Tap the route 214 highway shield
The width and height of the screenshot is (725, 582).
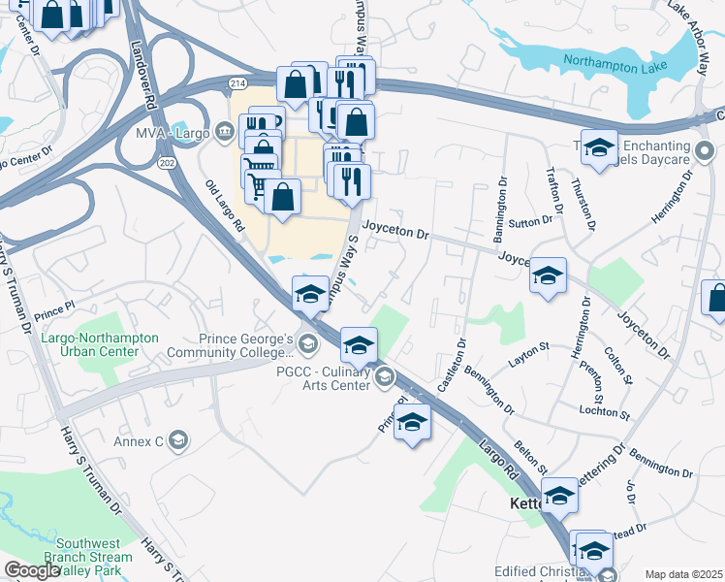(x=238, y=82)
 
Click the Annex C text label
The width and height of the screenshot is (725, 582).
(x=138, y=442)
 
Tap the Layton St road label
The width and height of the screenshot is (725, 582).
(x=528, y=359)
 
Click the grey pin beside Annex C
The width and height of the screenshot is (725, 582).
(x=177, y=442)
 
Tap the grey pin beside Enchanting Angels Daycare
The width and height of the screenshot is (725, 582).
(x=705, y=150)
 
